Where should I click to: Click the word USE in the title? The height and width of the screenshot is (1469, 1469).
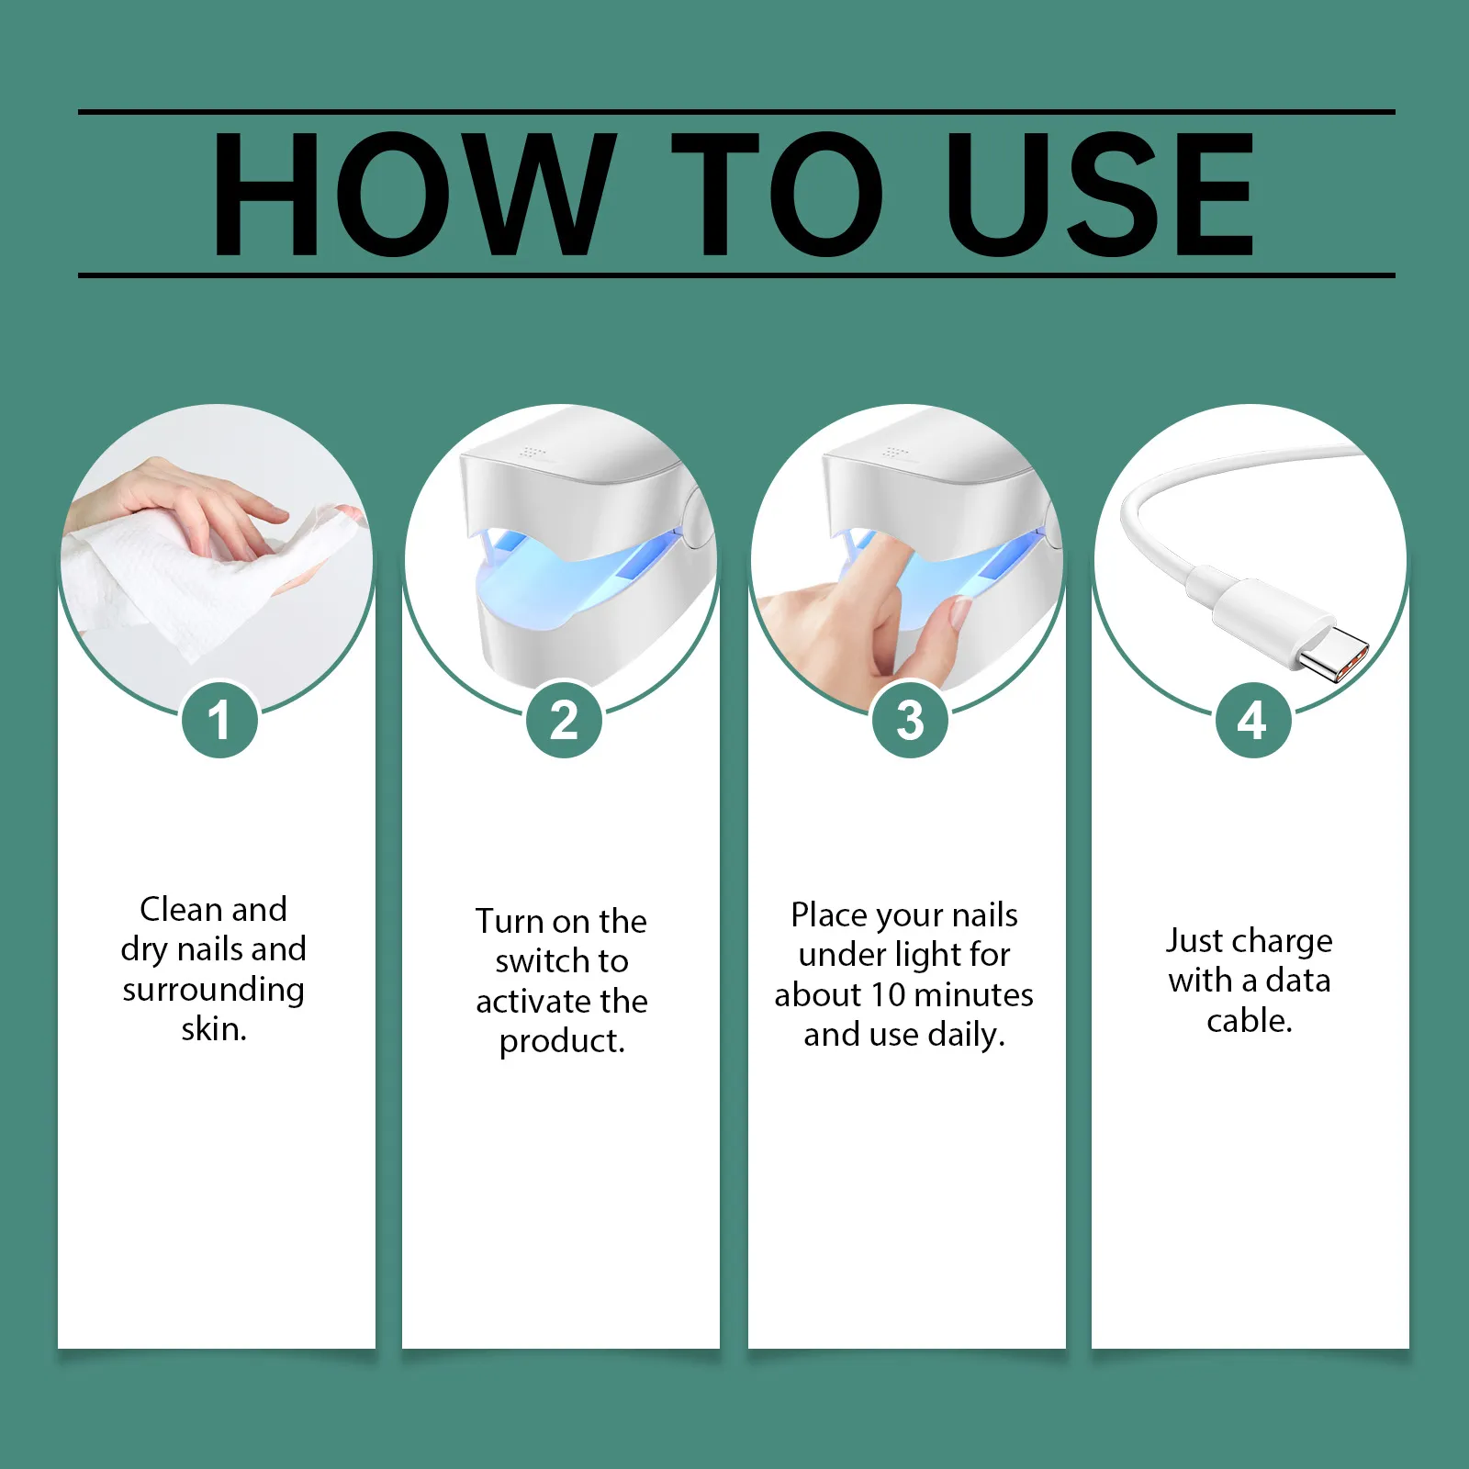pos(1100,194)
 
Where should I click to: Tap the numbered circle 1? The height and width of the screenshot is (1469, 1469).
pos(219,720)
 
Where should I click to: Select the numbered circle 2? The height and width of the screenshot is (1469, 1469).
pos(564,720)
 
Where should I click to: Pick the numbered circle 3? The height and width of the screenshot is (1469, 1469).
pos(909,720)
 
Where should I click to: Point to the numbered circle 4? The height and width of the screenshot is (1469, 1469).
pos(1252,720)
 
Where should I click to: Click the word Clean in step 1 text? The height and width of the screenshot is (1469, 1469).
pos(180,909)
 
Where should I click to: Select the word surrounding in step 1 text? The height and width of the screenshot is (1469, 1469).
pos(213,990)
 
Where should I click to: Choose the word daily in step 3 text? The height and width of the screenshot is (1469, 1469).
pos(967,1036)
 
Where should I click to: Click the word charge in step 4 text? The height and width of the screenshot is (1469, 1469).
pos(1284,942)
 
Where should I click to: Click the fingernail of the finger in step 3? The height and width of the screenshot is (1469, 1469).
pos(959,611)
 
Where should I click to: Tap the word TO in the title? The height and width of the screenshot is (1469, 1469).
pos(777,194)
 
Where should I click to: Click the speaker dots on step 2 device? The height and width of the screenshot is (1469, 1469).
pos(531,453)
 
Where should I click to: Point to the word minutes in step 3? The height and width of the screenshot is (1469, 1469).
pos(974,995)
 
